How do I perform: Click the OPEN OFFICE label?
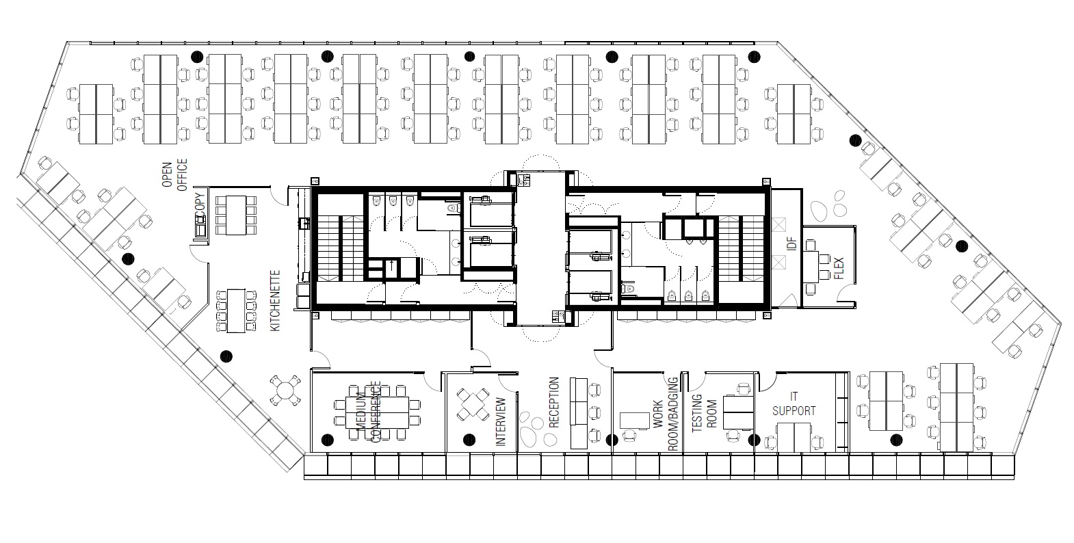[x=174, y=175]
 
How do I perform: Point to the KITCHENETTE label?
[x=275, y=300]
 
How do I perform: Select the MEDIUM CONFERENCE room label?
[x=369, y=412]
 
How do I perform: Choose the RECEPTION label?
[x=554, y=403]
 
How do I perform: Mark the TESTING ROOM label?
[x=705, y=413]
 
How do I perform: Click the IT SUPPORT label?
[x=794, y=403]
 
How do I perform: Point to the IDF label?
[x=791, y=243]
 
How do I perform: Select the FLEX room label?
[x=839, y=269]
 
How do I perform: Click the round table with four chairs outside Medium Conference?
[x=285, y=390]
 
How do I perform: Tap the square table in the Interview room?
[x=473, y=404]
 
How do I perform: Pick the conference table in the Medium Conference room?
[x=378, y=412]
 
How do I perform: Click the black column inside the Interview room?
[x=469, y=440]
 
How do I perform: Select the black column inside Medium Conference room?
[x=327, y=440]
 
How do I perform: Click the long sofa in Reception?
[x=579, y=413]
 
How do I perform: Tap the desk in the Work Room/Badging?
[x=634, y=421]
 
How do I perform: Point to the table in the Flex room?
[x=812, y=267]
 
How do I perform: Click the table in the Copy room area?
[x=235, y=215]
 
